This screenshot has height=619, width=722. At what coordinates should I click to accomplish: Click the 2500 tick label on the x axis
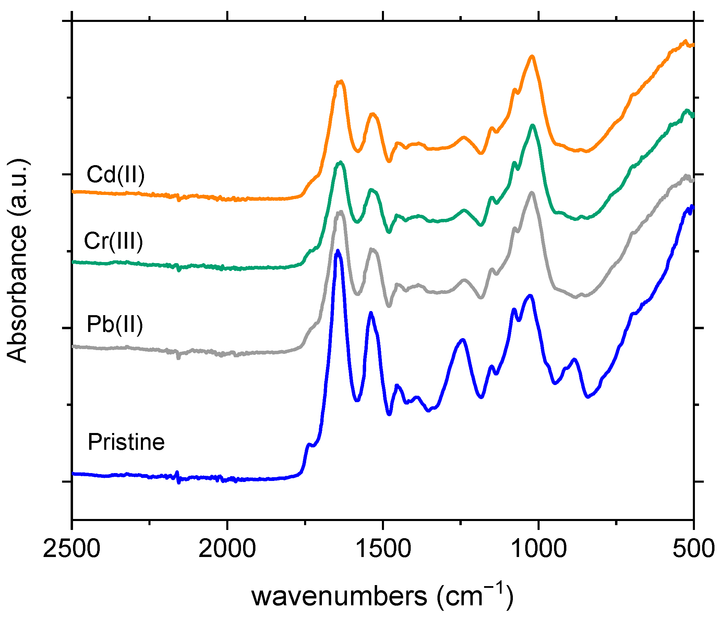click(x=72, y=549)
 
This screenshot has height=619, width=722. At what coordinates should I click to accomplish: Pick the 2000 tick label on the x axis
click(x=227, y=549)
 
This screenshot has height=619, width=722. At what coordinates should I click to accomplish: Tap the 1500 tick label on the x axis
click(x=383, y=549)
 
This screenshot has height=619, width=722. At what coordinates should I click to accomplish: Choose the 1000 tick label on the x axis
click(x=538, y=549)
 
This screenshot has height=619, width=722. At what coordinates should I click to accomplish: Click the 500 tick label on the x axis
click(x=694, y=549)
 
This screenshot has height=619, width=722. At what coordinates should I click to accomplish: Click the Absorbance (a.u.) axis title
click(x=17, y=261)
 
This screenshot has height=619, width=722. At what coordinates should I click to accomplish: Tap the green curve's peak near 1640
click(x=340, y=162)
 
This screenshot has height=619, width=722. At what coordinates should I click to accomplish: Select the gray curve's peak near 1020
click(x=532, y=193)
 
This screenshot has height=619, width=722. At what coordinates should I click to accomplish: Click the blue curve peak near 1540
click(x=371, y=313)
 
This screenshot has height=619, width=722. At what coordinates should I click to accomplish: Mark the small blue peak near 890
click(x=574, y=359)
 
